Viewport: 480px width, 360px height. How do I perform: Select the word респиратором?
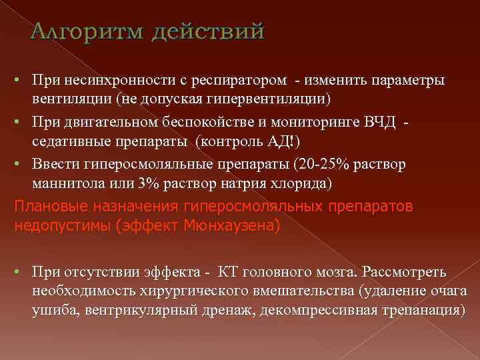(248, 80)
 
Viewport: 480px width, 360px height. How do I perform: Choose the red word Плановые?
(42, 207)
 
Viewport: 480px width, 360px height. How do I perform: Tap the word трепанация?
(419, 310)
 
